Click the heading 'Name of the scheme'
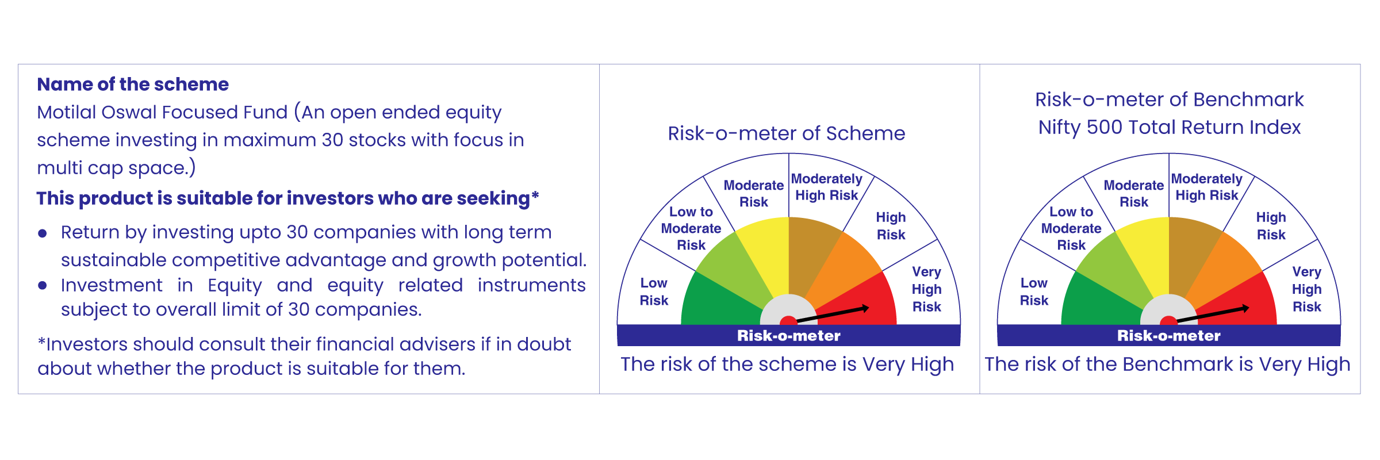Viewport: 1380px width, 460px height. [133, 85]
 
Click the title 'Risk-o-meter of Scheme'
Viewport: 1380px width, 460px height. [787, 133]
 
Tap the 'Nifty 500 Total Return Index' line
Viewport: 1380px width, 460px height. [1170, 127]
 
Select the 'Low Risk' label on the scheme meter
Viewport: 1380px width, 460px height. [654, 292]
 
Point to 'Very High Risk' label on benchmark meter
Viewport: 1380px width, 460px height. [1307, 289]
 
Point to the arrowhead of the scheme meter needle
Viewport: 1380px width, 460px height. [865, 309]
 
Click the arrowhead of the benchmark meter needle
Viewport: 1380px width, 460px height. [1245, 309]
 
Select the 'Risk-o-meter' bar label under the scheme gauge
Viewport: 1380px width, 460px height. [789, 336]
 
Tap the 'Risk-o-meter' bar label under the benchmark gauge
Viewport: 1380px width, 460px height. [1169, 336]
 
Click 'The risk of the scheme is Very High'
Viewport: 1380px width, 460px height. [787, 365]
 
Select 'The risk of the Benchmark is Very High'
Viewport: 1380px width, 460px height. [1167, 365]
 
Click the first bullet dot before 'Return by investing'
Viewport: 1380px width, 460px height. [42, 233]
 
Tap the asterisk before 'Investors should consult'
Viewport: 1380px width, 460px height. [41, 342]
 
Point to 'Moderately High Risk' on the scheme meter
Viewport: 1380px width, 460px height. [827, 187]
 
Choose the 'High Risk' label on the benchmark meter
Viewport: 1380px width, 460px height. [1271, 226]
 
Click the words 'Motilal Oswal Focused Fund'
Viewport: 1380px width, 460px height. [162, 112]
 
